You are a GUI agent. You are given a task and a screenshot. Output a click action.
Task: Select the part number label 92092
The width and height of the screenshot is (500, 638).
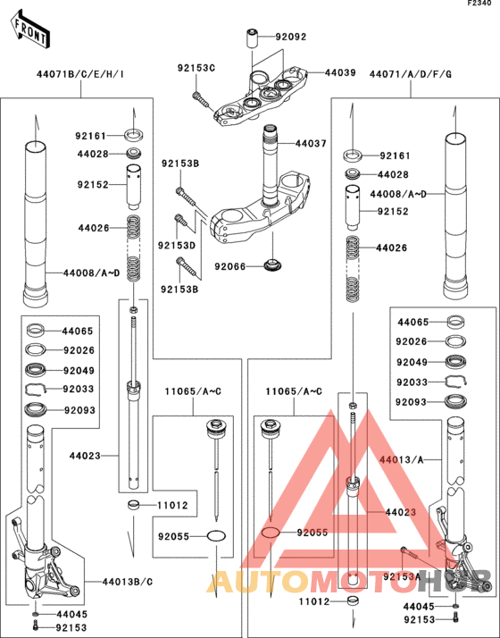point(291,38)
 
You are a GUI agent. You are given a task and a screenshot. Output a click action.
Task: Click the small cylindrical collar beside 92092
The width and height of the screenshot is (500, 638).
point(253,39)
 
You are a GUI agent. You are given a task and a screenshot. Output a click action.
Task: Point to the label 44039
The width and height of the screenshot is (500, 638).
point(339,72)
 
